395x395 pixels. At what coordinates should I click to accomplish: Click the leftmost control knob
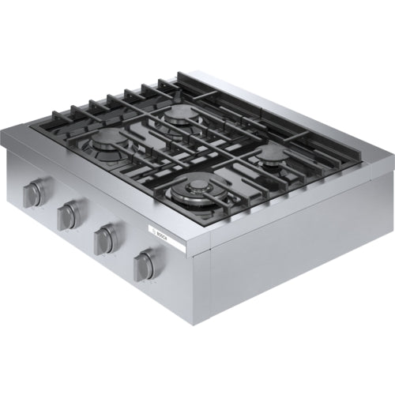pyautogui.click(x=35, y=192)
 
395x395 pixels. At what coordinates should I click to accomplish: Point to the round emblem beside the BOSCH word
pyautogui.click(x=153, y=231)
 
